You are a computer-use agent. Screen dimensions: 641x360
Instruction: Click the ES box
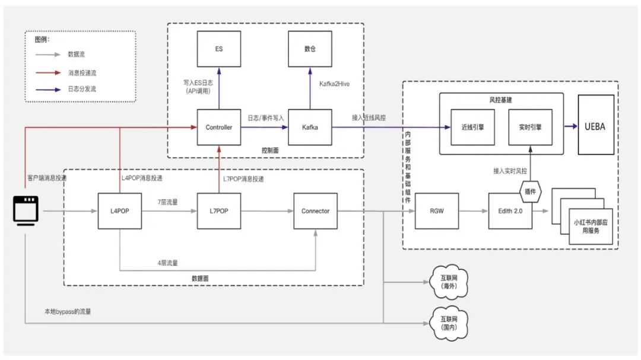(x=218, y=49)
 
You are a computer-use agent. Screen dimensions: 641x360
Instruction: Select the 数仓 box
(x=310, y=49)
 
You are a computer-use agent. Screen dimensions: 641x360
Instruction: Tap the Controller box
(x=218, y=127)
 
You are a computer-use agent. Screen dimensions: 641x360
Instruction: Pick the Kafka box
(x=310, y=127)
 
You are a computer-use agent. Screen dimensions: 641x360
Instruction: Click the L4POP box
(x=120, y=211)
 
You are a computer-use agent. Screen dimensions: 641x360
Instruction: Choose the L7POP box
(x=218, y=211)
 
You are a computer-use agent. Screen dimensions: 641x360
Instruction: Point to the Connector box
(x=316, y=211)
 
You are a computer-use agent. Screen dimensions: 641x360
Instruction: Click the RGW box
(x=437, y=211)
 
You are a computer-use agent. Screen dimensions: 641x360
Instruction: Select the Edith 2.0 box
(x=510, y=211)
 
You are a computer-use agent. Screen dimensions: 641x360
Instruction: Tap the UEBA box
(x=596, y=125)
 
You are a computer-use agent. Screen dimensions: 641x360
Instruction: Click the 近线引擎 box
(x=472, y=127)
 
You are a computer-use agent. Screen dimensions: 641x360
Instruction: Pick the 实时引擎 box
(x=530, y=127)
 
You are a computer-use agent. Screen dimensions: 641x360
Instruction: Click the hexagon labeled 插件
(x=530, y=191)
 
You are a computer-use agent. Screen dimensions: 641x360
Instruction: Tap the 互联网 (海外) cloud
(x=449, y=282)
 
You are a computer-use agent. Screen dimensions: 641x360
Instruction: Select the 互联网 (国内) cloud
(x=449, y=323)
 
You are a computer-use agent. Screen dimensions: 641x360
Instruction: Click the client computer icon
(x=26, y=211)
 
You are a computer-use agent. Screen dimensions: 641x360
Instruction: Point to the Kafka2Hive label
(x=334, y=84)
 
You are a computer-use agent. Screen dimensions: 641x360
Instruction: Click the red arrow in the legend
(x=48, y=73)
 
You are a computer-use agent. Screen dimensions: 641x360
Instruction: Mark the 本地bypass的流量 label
(x=68, y=311)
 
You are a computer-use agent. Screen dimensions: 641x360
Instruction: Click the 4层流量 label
(x=167, y=263)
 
